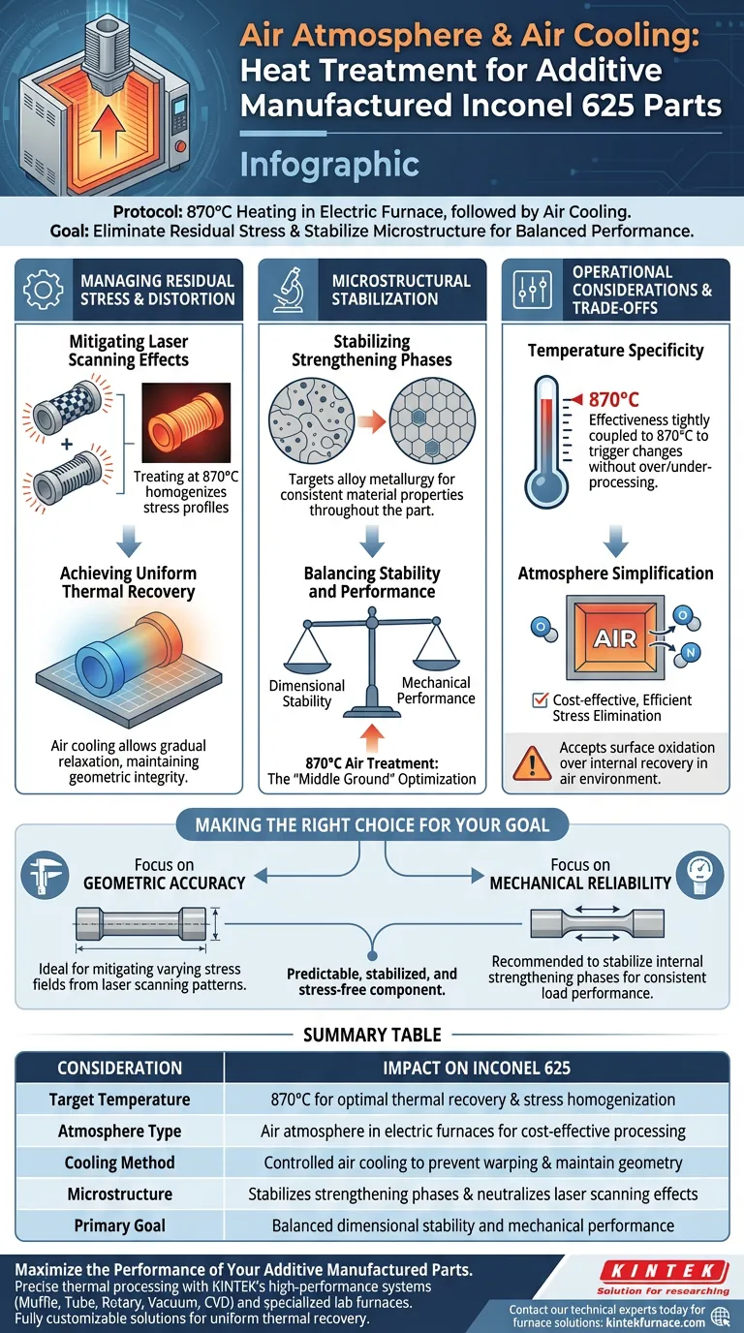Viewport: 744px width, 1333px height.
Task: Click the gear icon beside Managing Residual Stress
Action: [x=44, y=290]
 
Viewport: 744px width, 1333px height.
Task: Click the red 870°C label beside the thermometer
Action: [x=613, y=399]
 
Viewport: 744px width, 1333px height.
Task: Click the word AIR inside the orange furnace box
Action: [x=614, y=639]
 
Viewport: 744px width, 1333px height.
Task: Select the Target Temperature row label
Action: [x=119, y=1100]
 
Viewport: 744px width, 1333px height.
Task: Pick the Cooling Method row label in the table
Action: [x=119, y=1162]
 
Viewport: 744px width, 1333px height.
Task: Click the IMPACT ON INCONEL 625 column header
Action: [x=477, y=1069]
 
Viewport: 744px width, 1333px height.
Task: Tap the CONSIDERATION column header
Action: [x=119, y=1069]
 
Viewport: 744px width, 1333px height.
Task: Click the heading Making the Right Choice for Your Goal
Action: [x=372, y=825]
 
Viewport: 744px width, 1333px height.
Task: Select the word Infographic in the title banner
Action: [x=329, y=163]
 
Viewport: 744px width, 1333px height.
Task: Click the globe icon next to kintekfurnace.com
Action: [x=720, y=1315]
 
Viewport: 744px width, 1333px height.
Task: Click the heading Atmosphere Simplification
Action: [x=615, y=573]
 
